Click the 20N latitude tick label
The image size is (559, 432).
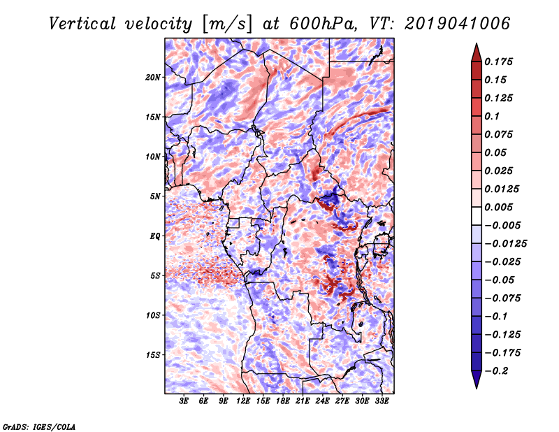pyautogui.click(x=153, y=78)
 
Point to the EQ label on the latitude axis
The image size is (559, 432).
pyautogui.click(x=155, y=236)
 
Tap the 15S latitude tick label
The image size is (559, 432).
pyautogui.click(x=153, y=355)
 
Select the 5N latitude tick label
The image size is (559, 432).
pyautogui.click(x=155, y=196)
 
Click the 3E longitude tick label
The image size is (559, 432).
pyautogui.click(x=184, y=401)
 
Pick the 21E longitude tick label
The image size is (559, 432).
pyautogui.click(x=303, y=401)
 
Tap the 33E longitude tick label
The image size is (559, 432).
pyautogui.click(x=382, y=401)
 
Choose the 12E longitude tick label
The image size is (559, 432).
pyautogui.click(x=243, y=401)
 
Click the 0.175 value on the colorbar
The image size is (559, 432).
pyautogui.click(x=498, y=62)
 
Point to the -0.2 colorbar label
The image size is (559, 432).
pyautogui.click(x=496, y=371)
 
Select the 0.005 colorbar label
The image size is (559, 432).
pyautogui.click(x=498, y=207)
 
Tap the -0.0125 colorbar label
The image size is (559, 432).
pyautogui.click(x=505, y=244)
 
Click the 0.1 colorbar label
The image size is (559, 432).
pyautogui.click(x=492, y=116)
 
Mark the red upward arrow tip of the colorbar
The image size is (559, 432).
pyautogui.click(x=477, y=44)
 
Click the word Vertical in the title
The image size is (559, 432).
pyautogui.click(x=82, y=24)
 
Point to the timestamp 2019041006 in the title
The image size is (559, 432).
pyautogui.click(x=458, y=24)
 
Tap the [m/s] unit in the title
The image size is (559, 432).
pyautogui.click(x=227, y=24)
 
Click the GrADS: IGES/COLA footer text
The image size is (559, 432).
pyautogui.click(x=39, y=426)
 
